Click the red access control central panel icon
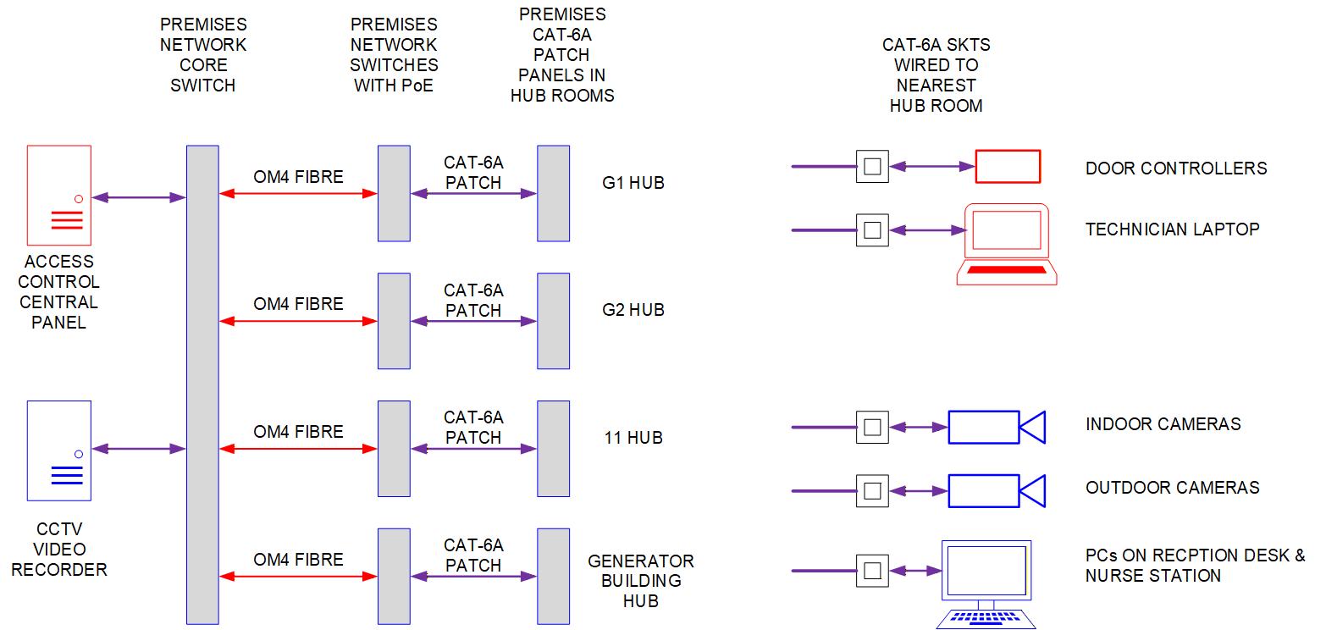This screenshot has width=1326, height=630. point(58,194)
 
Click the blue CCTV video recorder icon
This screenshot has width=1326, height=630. point(58,450)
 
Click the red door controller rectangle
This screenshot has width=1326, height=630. point(1008,167)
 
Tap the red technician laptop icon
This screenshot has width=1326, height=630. point(1007,244)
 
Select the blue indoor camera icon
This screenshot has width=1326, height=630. point(996,427)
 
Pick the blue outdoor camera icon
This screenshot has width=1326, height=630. point(996,491)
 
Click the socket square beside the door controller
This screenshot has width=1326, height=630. point(872,167)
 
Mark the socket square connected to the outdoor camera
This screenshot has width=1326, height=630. point(872,491)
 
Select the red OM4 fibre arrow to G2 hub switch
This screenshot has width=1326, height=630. point(297,322)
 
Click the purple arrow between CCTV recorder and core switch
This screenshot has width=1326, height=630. point(138,449)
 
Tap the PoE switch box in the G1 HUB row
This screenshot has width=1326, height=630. point(394,193)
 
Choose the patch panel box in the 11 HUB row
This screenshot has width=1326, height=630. point(554,449)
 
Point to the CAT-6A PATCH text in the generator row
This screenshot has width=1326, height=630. point(473,555)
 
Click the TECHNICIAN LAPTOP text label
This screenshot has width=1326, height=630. point(1172,229)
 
